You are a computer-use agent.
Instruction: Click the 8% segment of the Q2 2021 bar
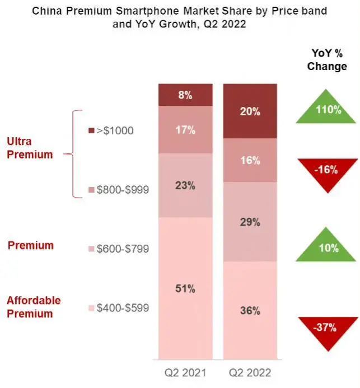coord(185,95)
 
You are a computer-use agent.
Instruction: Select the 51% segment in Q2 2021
coord(185,288)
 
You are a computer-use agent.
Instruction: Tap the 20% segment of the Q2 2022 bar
coord(250,111)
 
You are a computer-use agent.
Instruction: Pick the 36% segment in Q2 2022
coord(250,310)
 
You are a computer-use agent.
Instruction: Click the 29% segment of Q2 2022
coord(250,222)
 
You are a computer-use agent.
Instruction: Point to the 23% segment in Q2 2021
coord(185,185)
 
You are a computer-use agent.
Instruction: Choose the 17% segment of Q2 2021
coord(185,129)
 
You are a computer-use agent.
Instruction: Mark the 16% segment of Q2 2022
coord(250,160)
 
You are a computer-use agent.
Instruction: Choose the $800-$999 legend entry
coord(119,190)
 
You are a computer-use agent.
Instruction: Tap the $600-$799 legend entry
coord(119,249)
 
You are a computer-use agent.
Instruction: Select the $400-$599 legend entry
coord(119,307)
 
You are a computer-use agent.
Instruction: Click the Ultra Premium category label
coord(30,148)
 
